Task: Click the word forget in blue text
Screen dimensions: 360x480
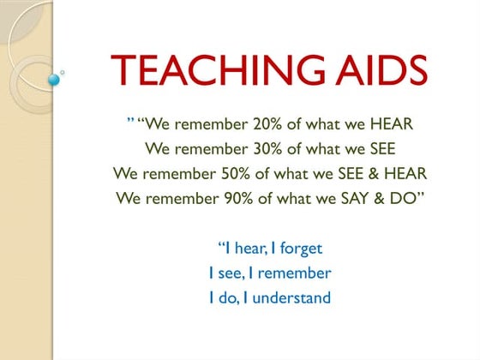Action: point(300,249)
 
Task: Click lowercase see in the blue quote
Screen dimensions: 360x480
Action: point(228,273)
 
